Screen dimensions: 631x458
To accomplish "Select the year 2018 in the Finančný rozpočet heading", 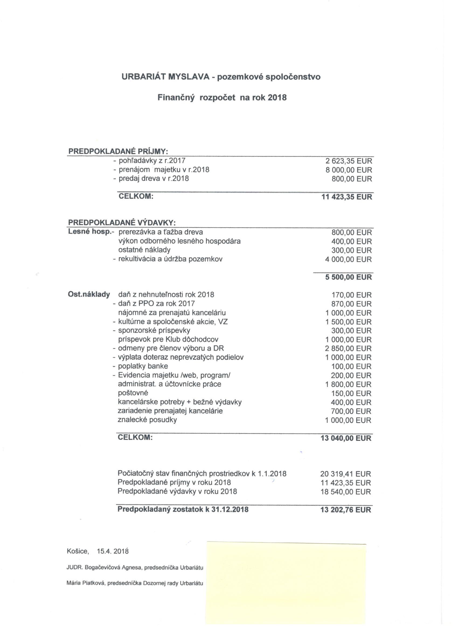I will point(277,98).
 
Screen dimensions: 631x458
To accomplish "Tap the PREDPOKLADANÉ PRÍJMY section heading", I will point(118,152).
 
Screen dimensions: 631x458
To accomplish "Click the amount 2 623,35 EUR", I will point(349,161).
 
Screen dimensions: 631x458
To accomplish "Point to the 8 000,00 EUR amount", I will point(349,170).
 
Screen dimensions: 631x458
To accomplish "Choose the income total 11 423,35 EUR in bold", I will point(346,197).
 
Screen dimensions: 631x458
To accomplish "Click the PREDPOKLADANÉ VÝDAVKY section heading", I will point(122,223).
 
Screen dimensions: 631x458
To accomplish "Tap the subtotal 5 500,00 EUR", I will point(349,277).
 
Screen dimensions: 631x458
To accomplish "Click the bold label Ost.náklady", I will point(89,295).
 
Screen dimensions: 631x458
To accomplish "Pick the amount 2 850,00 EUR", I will point(348,349).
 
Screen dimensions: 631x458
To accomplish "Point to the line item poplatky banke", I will point(143,366).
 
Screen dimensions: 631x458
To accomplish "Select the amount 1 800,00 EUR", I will point(348,385).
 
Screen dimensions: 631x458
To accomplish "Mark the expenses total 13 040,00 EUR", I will point(346,439).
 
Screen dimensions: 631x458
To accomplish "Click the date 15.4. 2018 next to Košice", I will point(113,551).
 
